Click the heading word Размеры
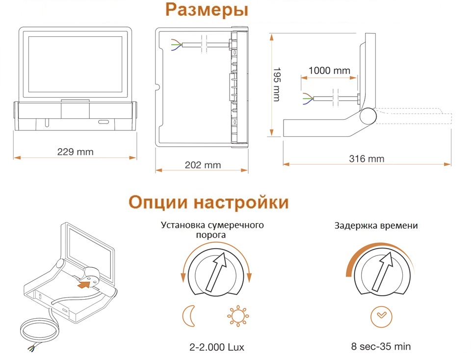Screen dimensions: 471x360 pos(207,10)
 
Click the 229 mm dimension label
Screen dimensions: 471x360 pos(76,152)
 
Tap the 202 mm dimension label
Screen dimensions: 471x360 pos(203,165)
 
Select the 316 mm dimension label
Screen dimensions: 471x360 pos(366,158)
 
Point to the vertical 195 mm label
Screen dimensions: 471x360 pos(277,84)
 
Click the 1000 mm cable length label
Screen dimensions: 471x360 pos(329,71)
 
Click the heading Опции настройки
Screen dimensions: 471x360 pos(209,202)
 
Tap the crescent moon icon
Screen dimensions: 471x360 pos(189,316)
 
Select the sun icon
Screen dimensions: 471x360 pos(238,316)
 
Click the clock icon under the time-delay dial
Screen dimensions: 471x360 pos(381,317)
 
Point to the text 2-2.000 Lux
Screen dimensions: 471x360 pos(216,347)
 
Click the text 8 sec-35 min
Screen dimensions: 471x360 pos(381,346)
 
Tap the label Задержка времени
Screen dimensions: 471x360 pos(376,226)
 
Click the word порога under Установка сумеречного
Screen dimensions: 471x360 pos(211,235)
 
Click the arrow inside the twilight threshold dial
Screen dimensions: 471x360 pos(216,271)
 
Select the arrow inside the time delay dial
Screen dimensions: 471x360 pos(382,271)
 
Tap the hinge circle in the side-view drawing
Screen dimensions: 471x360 pos(368,115)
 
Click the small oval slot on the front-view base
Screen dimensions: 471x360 pos(104,123)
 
